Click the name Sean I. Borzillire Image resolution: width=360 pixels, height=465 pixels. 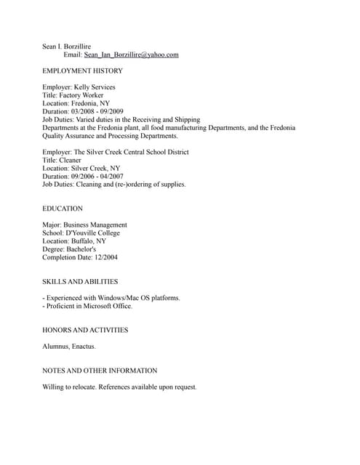(x=66, y=46)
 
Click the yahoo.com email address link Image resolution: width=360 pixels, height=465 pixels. (x=131, y=54)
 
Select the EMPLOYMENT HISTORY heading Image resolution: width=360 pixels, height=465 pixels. (x=82, y=70)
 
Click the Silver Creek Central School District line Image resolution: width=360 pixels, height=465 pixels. (x=130, y=152)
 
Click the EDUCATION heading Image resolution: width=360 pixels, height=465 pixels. (x=63, y=209)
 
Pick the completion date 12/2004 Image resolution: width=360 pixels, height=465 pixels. (x=106, y=256)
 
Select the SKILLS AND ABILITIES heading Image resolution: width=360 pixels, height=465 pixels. (x=80, y=281)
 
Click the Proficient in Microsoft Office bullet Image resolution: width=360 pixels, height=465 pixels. (x=89, y=306)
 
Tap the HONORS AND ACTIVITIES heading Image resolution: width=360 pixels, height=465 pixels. (x=85, y=330)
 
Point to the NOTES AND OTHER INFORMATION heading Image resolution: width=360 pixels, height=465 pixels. (x=100, y=371)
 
